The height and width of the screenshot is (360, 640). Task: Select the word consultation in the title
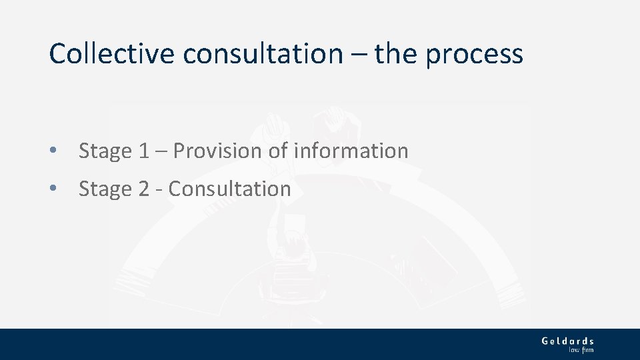pos(263,53)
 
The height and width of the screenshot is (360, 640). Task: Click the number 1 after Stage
pos(145,151)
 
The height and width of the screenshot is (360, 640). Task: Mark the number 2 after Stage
pos(144,189)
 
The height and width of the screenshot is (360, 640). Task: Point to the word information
pos(351,151)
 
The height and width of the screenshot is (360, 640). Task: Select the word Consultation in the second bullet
pos(230,189)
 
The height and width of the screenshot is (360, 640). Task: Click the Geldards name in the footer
pos(567,341)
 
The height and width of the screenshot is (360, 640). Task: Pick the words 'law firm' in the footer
pos(581,349)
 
